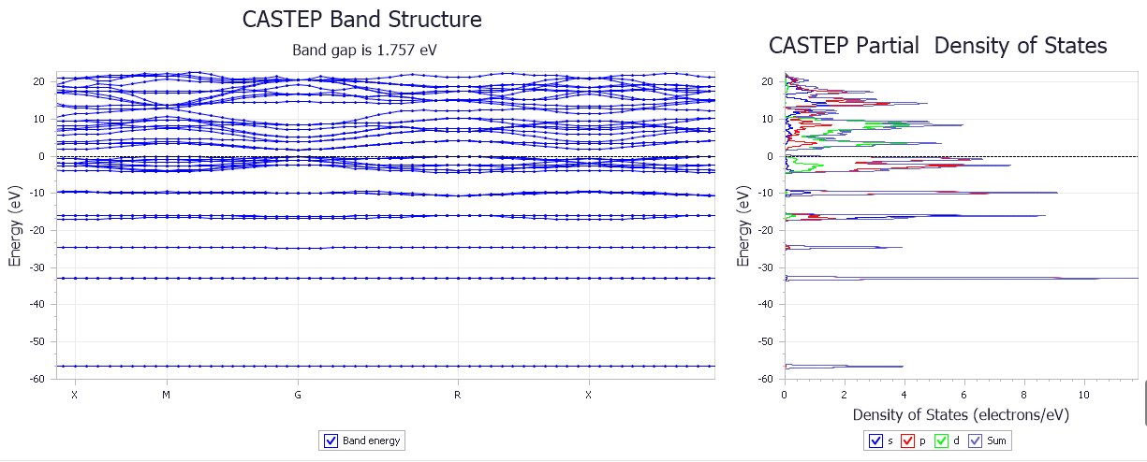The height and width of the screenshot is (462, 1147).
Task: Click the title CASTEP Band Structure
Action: [x=362, y=20]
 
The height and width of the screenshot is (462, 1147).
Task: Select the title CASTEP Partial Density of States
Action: [x=937, y=46]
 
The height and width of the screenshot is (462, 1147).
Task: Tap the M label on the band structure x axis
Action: [x=166, y=395]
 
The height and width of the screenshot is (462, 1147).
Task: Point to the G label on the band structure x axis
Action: [x=298, y=395]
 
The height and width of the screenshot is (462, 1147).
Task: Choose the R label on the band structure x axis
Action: [x=457, y=395]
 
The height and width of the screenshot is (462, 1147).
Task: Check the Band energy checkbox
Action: [x=331, y=440]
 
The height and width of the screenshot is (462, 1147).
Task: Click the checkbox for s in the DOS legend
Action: [x=875, y=440]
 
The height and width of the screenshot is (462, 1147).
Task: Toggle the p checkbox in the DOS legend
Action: [x=906, y=440]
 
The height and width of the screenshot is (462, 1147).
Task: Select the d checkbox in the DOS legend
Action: [x=941, y=440]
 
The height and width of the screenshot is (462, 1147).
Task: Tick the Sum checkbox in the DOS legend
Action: [x=976, y=440]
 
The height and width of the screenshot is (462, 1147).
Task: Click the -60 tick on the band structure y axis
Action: [x=38, y=379]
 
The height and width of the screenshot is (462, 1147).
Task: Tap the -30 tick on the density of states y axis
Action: [x=767, y=267]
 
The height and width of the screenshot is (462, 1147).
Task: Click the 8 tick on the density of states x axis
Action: [x=1024, y=395]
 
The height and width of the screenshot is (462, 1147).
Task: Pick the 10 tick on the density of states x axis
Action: [x=1084, y=395]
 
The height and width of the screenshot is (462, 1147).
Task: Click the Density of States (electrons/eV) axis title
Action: [x=961, y=414]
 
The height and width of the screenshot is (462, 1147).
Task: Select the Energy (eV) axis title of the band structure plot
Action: [x=15, y=230]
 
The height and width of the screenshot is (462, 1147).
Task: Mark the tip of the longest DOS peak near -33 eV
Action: [x=1097, y=279]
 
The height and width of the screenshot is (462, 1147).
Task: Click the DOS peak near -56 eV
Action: [x=902, y=367]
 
